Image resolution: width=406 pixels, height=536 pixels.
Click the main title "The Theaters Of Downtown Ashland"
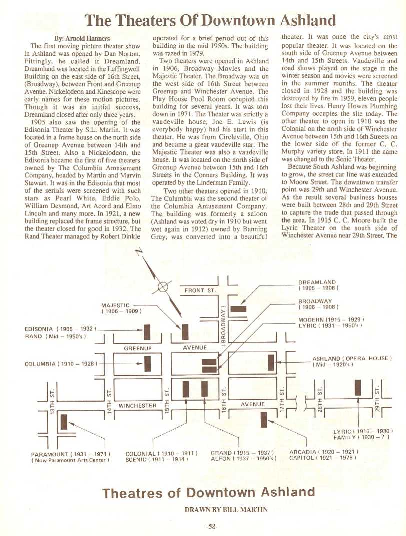click(210, 20)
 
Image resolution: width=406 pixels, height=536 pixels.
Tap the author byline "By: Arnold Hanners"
click(83, 38)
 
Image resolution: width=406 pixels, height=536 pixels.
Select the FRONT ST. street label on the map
click(199, 290)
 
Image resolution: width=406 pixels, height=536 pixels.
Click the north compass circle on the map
click(162, 287)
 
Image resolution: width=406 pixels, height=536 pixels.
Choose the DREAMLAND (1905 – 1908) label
click(317, 282)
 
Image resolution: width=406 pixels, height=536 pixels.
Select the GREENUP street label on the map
click(137, 346)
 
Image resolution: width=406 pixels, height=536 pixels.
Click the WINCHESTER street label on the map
click(136, 404)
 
